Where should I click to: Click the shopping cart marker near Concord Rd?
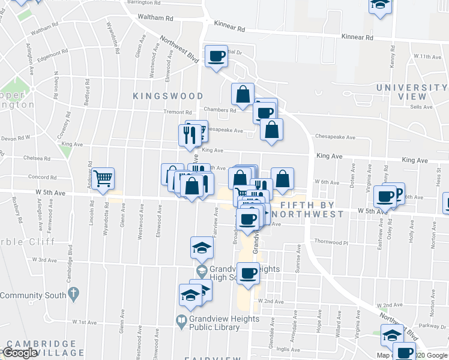coord(103,178)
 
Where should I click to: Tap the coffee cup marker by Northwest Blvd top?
coord(216,56)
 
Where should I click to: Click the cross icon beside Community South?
coord(73,295)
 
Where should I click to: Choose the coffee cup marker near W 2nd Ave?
coord(248,274)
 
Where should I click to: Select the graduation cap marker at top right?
coord(379,5)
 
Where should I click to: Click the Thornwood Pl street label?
coord(331,242)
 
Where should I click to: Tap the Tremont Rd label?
coord(179,112)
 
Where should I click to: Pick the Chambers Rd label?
coord(219,110)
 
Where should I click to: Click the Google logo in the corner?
coord(20,353)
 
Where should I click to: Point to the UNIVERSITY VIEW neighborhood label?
coord(411,92)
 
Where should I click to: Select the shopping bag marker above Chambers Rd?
coord(243,94)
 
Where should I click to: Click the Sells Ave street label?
coord(421,107)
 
